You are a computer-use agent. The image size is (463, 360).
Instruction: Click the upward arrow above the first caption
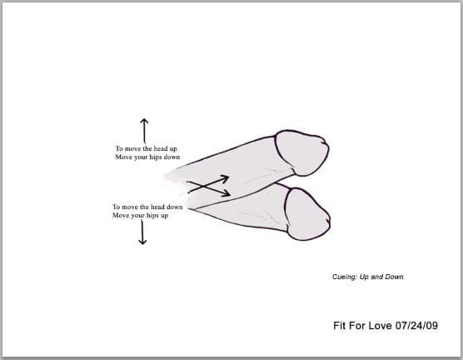click(x=144, y=130)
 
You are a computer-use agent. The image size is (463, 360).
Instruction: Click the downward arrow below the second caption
click(x=142, y=232)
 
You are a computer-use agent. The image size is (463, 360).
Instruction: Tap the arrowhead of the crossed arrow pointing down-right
click(x=227, y=193)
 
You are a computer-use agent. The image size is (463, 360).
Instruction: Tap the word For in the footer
click(x=356, y=326)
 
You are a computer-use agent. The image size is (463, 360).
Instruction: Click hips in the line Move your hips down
click(x=156, y=157)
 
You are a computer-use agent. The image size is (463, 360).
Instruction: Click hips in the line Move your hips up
click(x=152, y=216)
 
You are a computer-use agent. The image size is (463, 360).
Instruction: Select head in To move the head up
click(x=161, y=148)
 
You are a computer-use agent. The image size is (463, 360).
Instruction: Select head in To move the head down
click(x=157, y=207)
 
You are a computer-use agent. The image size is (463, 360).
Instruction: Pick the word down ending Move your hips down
click(x=172, y=157)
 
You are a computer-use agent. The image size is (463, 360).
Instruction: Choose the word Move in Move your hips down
click(x=123, y=157)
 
